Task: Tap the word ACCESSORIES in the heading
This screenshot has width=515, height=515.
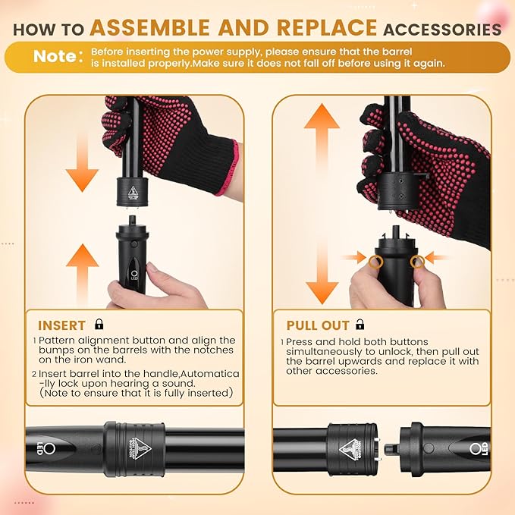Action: click(x=442, y=30)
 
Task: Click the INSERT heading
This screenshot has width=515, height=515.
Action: click(x=62, y=325)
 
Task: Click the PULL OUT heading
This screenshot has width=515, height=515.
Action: click(x=318, y=325)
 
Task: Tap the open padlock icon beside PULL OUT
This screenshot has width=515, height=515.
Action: click(x=360, y=324)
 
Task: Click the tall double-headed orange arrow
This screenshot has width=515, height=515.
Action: click(x=322, y=203)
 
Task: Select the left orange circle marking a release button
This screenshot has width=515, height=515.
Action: click(x=375, y=260)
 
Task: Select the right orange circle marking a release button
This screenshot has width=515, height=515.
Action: click(x=416, y=260)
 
